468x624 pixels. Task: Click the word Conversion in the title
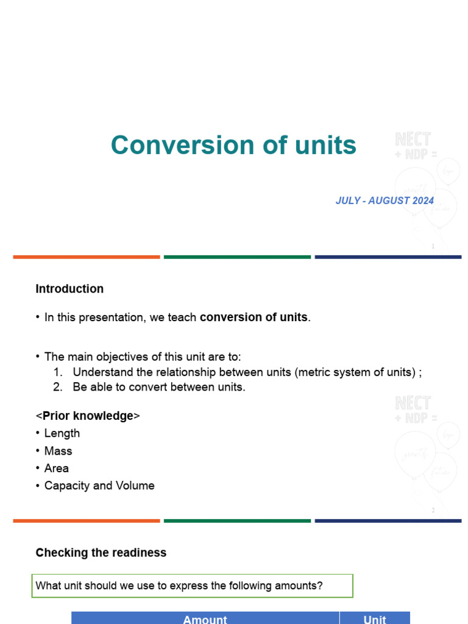[x=157, y=146]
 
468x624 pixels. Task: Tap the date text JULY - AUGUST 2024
[x=385, y=200]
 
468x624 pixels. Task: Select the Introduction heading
[x=69, y=289]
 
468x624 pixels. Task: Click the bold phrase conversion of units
[x=253, y=317]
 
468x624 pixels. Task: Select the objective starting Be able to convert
[x=158, y=387]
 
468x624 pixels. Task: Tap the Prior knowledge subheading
[x=88, y=416]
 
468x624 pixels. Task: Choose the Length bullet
[x=62, y=433]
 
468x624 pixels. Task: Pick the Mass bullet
[x=58, y=451]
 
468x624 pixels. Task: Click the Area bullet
[x=56, y=468]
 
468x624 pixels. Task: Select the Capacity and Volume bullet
[x=99, y=486]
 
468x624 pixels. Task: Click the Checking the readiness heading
[x=101, y=553]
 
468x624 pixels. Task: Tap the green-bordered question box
[x=192, y=586]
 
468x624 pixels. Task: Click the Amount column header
[x=205, y=619]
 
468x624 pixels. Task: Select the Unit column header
[x=374, y=619]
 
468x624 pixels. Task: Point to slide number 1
[x=433, y=247]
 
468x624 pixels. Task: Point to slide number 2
[x=433, y=511]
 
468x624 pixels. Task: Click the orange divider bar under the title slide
[x=87, y=257]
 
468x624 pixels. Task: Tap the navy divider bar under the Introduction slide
[x=388, y=521]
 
